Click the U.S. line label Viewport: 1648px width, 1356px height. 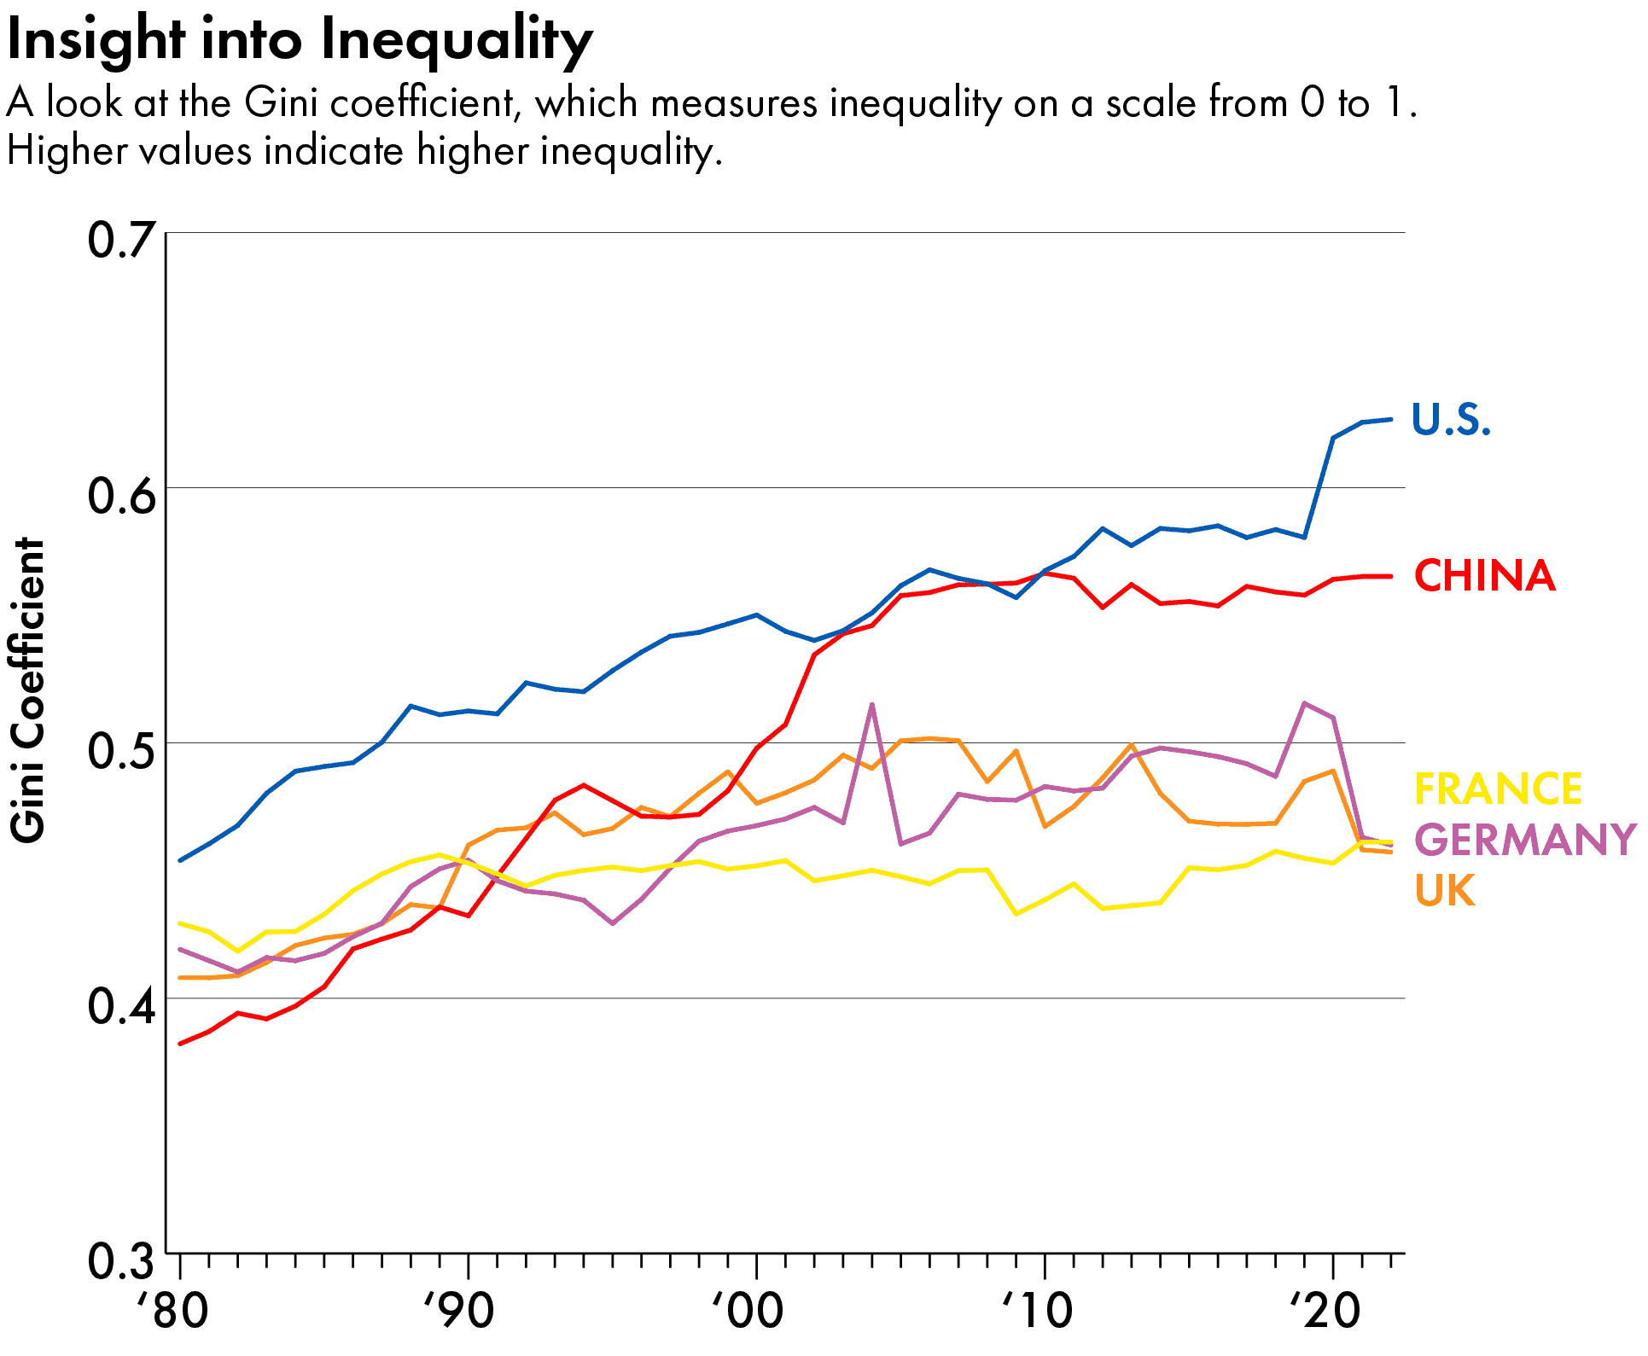[1450, 420]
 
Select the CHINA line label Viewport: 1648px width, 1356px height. [1484, 576]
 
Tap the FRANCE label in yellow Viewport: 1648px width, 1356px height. [1498, 789]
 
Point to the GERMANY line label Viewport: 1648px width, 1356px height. [1525, 840]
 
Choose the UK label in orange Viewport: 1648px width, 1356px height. [1445, 891]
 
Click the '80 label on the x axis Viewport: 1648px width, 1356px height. [173, 1312]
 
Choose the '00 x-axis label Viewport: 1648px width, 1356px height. [748, 1312]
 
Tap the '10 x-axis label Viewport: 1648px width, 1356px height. [1036, 1312]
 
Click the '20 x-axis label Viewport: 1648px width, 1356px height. [1325, 1312]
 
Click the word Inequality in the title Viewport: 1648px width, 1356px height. [457, 41]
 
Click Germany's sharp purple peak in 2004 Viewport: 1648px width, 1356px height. [871, 705]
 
